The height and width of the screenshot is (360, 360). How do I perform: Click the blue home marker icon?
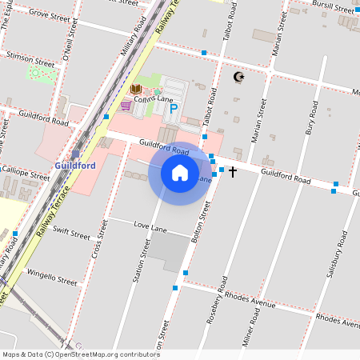coord(180,173)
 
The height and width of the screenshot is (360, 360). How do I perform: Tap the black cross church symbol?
coord(233,172)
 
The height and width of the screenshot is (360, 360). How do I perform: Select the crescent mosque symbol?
coord(237,77)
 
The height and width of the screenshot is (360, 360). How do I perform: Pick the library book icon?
coord(136,89)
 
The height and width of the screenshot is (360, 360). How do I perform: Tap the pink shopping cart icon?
coord(126,105)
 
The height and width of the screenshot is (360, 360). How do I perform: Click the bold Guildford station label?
coord(75,166)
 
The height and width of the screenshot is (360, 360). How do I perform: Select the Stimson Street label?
coord(30,58)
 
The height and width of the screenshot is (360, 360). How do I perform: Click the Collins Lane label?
coord(154,99)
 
